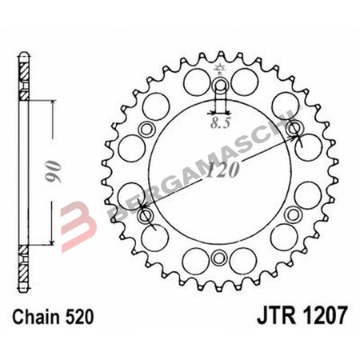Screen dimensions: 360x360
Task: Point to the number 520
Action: pos(81,317)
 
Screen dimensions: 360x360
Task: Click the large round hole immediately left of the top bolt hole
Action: pos(192,80)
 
